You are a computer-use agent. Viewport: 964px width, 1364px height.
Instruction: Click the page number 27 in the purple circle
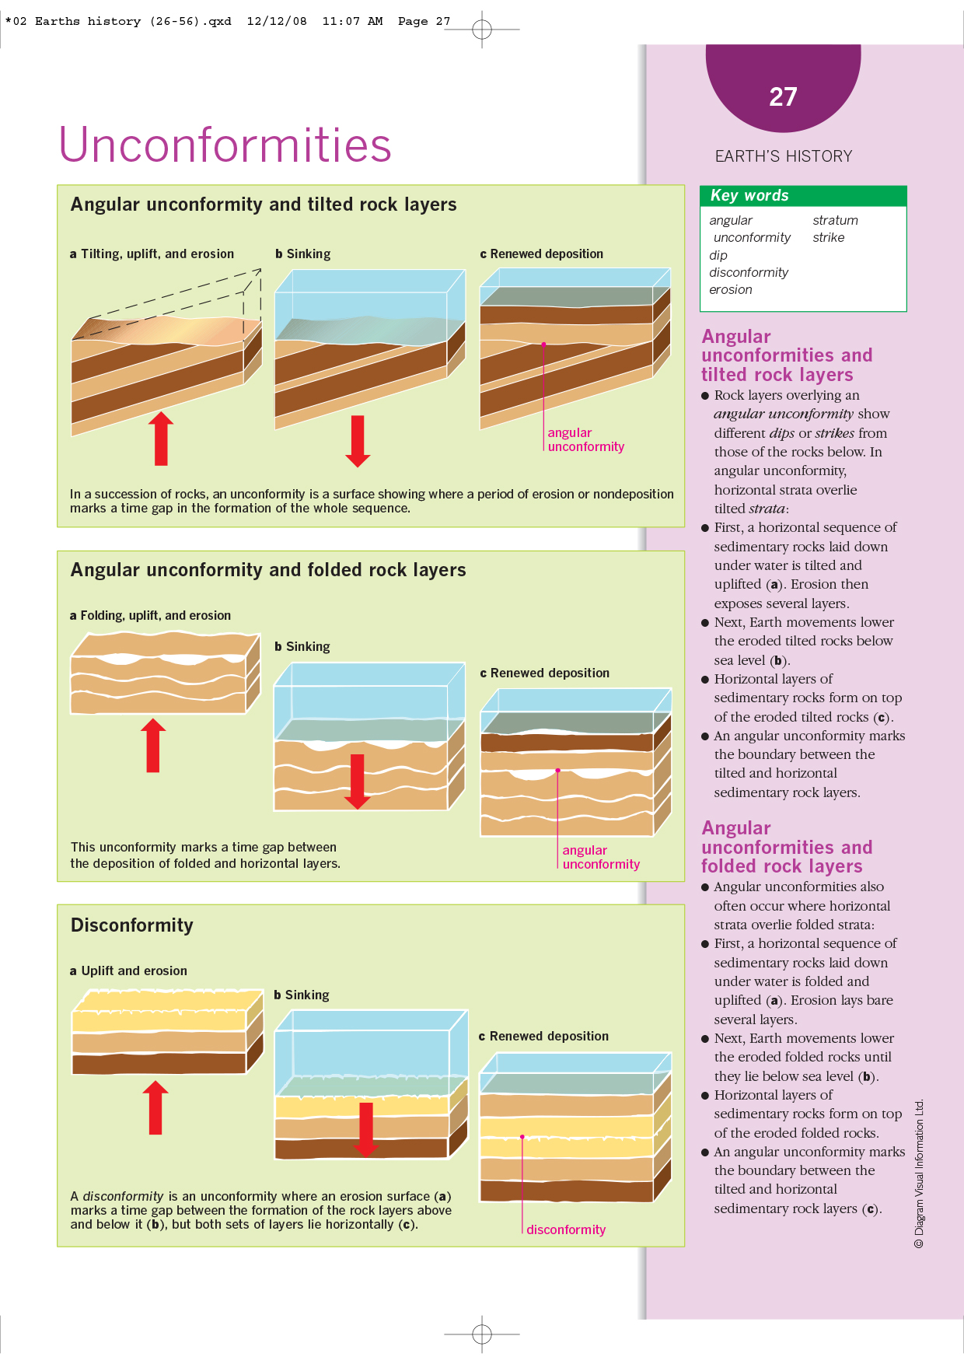pyautogui.click(x=783, y=97)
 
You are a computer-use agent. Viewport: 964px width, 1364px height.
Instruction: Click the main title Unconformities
pyautogui.click(x=225, y=145)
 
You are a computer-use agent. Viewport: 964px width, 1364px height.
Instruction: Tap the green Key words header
pyautogui.click(x=802, y=196)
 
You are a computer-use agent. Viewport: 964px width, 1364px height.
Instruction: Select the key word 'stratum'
pyautogui.click(x=835, y=221)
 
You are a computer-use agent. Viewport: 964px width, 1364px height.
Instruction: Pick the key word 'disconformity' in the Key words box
pyautogui.click(x=748, y=273)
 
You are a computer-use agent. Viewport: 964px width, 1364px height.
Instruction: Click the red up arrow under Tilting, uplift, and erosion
pyautogui.click(x=161, y=439)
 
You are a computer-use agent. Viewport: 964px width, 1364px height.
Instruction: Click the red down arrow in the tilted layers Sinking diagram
pyautogui.click(x=358, y=441)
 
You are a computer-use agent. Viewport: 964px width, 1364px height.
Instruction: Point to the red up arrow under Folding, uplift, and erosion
pyautogui.click(x=153, y=745)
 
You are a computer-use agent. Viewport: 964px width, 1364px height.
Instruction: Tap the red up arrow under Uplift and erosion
pyautogui.click(x=155, y=1107)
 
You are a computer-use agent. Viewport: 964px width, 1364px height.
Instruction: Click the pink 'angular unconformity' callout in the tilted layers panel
pyautogui.click(x=585, y=440)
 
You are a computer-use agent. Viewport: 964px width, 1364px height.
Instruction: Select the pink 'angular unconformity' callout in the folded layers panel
pyautogui.click(x=600, y=858)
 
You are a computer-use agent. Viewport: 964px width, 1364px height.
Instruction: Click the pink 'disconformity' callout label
pyautogui.click(x=565, y=1230)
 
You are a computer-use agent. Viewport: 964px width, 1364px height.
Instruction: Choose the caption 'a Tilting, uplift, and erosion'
pyautogui.click(x=152, y=254)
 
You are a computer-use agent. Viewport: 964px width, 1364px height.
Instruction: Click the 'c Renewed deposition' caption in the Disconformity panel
pyautogui.click(x=543, y=1037)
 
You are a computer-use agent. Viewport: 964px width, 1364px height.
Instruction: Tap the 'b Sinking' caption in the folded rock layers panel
pyautogui.click(x=302, y=647)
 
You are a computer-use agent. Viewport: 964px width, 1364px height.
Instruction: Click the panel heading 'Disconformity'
pyautogui.click(x=132, y=925)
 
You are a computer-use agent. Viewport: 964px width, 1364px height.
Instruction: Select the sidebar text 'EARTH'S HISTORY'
pyautogui.click(x=783, y=156)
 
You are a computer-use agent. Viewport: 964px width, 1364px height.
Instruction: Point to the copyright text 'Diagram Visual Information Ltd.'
pyautogui.click(x=919, y=1173)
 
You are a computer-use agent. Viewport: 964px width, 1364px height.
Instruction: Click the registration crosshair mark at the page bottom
pyautogui.click(x=482, y=1334)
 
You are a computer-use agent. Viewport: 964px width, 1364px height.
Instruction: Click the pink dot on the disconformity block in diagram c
pyautogui.click(x=522, y=1137)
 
